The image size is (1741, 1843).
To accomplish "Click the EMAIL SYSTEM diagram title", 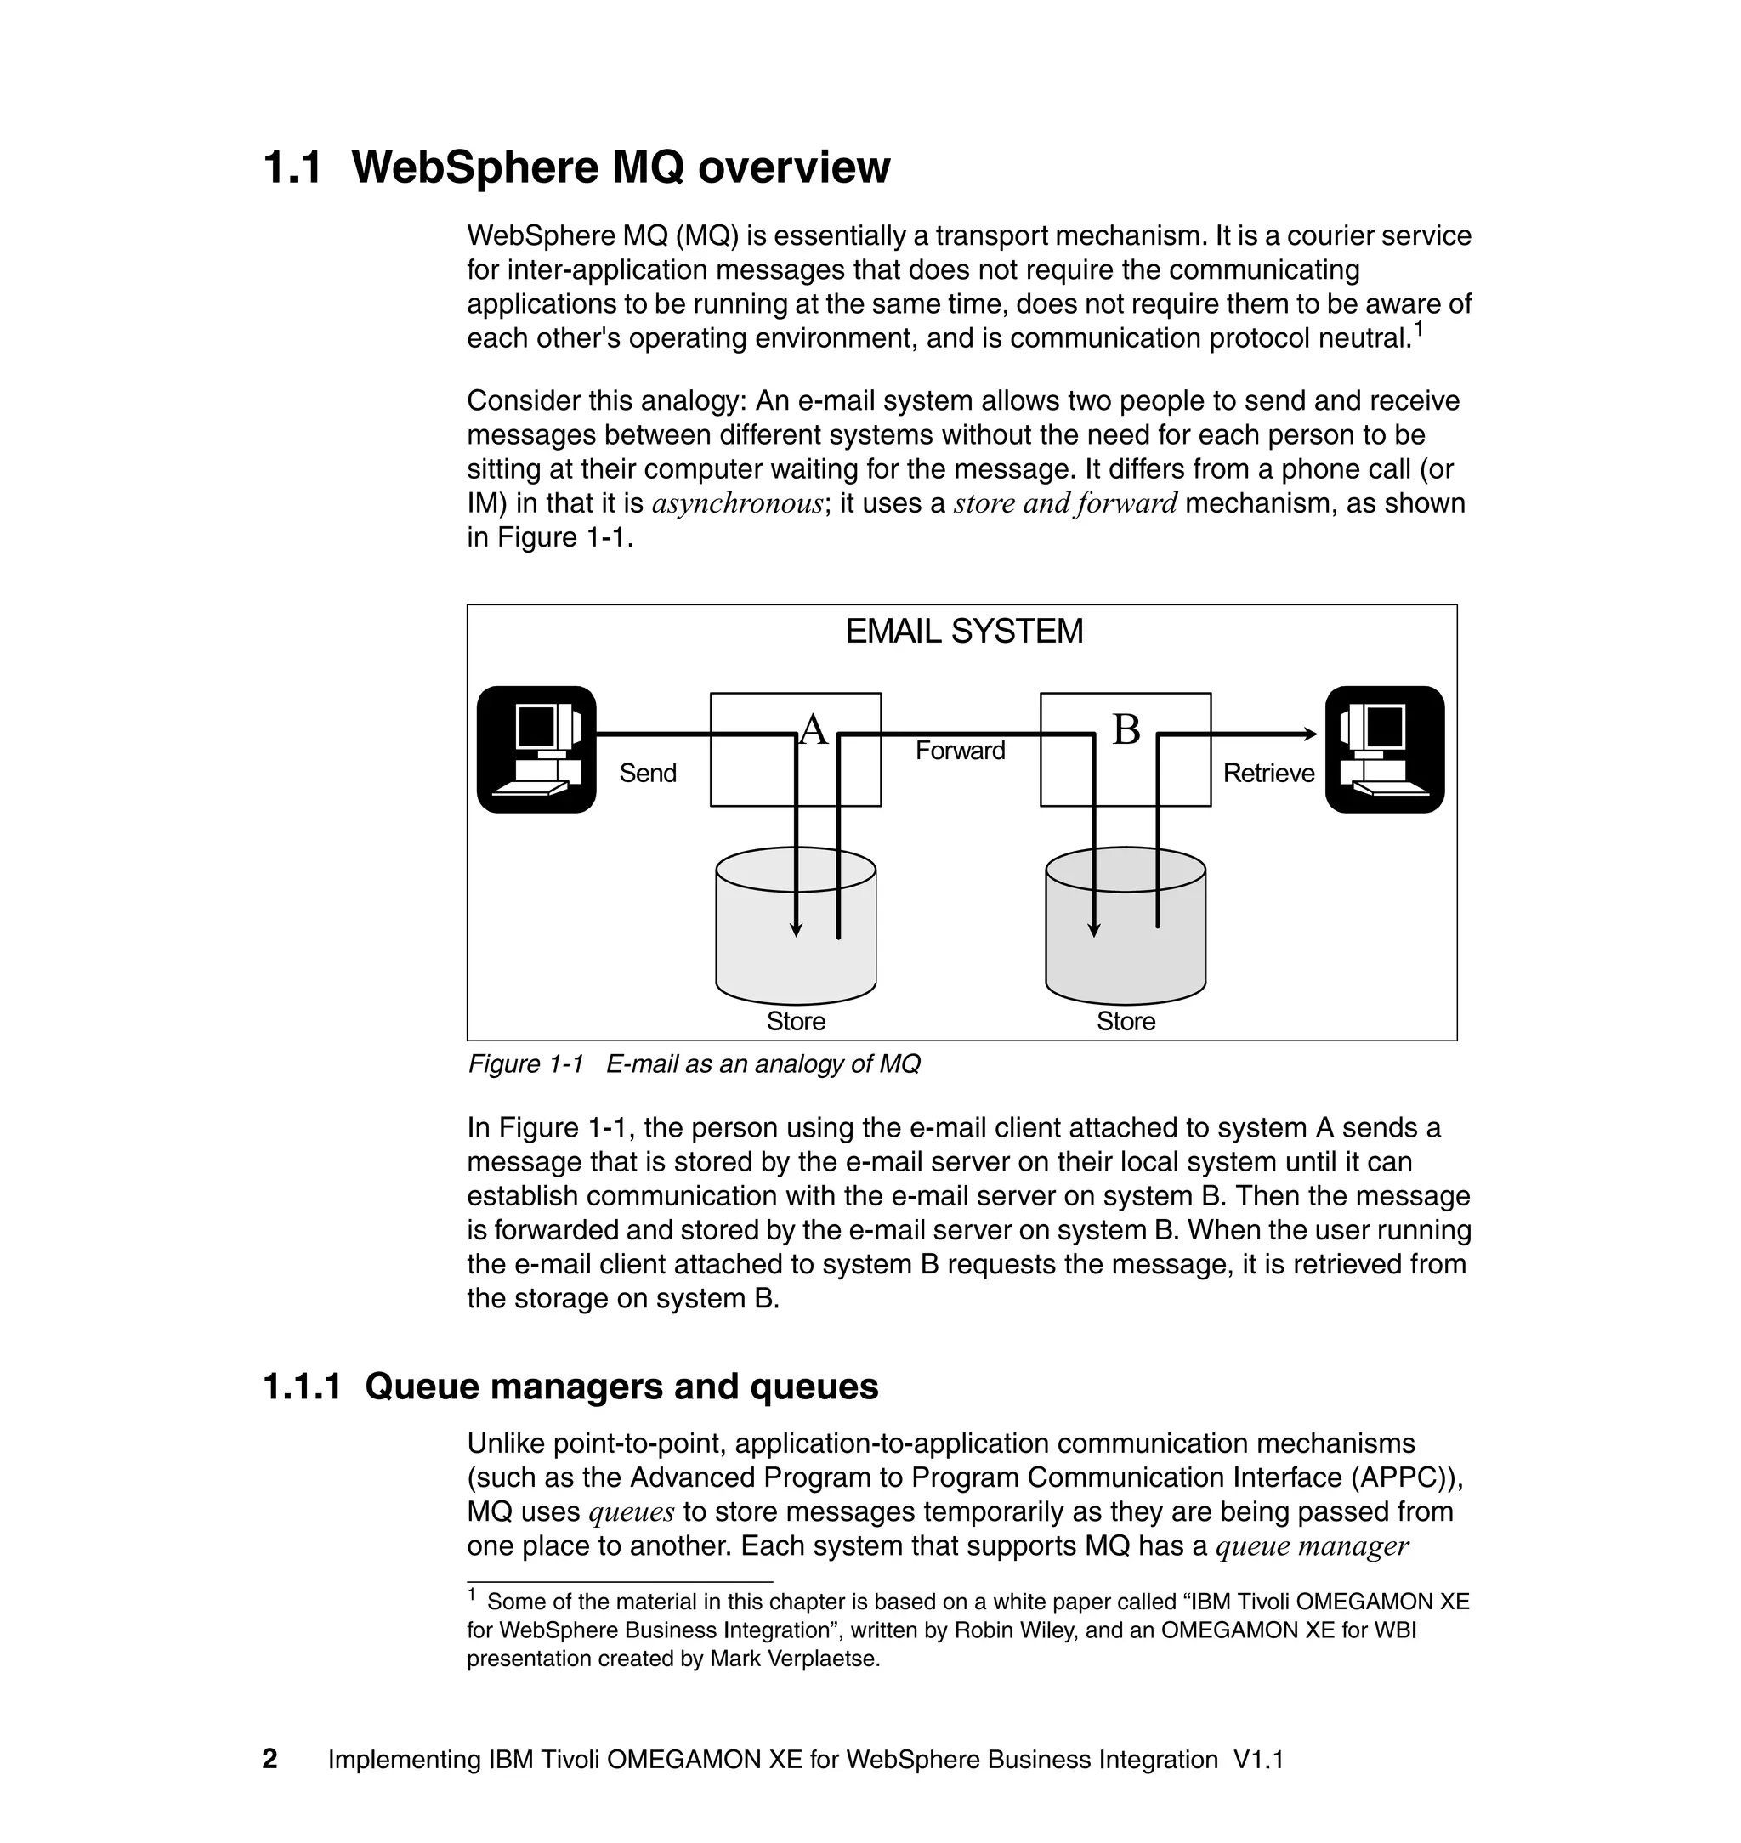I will coord(963,631).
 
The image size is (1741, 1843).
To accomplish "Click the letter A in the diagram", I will coord(813,729).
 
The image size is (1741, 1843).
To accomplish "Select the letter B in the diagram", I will coord(1126,729).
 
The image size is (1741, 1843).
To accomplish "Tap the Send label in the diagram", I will coord(647,773).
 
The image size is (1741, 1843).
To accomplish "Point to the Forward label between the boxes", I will coord(960,750).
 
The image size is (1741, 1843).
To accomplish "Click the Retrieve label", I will coord(1267,773).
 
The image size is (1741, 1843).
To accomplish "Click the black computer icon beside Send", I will coord(536,750).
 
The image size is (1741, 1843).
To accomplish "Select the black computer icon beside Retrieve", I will coord(1384,750).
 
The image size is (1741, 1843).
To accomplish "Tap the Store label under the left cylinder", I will coord(796,1022).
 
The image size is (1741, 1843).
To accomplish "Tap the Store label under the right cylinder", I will coord(1126,1022).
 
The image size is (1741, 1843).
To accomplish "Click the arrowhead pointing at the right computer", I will coord(1309,734).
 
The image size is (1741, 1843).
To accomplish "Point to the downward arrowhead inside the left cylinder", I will coord(796,930).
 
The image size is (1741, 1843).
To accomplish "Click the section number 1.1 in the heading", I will coord(292,168).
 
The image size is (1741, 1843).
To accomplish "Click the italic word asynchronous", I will coord(737,504).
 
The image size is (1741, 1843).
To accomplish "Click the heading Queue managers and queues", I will coord(621,1387).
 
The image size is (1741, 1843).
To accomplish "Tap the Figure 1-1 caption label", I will coord(525,1063).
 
